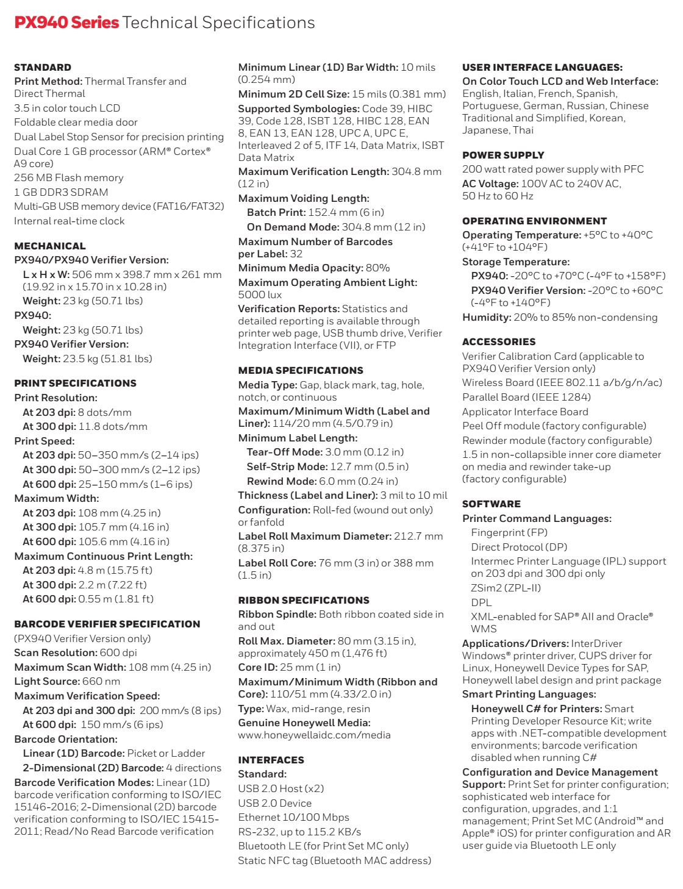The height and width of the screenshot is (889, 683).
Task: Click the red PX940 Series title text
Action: coord(66,23)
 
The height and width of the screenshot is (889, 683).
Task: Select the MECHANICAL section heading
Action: coord(50,246)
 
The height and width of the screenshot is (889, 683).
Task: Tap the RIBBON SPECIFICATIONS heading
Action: coord(304,600)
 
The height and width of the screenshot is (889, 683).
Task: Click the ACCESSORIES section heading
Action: coord(499,341)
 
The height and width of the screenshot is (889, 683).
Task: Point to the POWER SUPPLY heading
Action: coord(503,155)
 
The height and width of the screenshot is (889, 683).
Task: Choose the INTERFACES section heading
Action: coord(271,760)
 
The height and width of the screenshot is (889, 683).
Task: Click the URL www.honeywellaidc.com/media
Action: coord(314,735)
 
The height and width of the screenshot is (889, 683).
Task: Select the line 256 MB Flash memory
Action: coord(69,177)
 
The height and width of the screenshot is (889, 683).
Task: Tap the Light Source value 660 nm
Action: coord(101,681)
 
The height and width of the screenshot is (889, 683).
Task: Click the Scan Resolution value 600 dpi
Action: coord(118,652)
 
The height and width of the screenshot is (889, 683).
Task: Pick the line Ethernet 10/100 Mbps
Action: coord(293,817)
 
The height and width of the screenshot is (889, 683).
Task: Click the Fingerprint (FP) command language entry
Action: coord(509,532)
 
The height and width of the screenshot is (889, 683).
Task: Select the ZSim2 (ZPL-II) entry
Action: coord(506,588)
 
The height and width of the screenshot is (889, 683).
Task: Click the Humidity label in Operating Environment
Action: coord(486,317)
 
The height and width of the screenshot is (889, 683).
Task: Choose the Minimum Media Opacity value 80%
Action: coord(377,268)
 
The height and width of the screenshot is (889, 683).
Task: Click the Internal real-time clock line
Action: coord(70,221)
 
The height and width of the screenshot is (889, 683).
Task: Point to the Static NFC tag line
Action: coord(334,860)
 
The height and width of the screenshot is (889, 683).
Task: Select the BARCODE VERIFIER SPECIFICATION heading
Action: coord(107,624)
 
